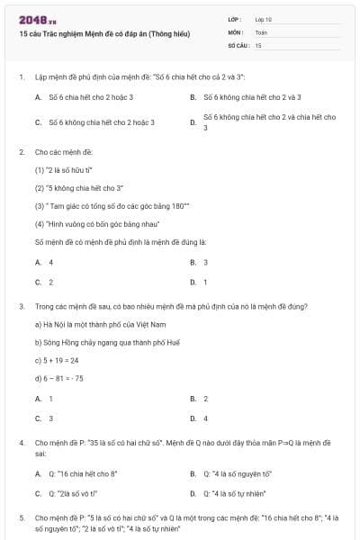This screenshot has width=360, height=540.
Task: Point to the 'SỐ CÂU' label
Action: [x=238, y=44]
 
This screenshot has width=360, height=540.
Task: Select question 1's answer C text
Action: [x=102, y=122]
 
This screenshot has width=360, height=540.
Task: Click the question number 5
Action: [x=21, y=518]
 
